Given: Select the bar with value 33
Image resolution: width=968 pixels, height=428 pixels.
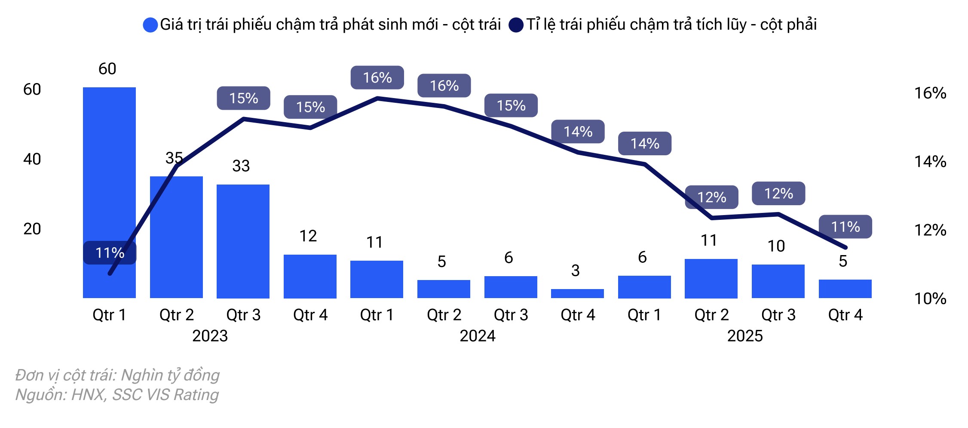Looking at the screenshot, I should click(x=243, y=241).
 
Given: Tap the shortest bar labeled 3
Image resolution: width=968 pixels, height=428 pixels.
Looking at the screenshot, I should click(x=577, y=293).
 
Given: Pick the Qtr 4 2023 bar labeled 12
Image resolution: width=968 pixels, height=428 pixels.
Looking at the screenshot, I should click(x=310, y=276).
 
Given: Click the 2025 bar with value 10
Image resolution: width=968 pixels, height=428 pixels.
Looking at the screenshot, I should click(x=778, y=281).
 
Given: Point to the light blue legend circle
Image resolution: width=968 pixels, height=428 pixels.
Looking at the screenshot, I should click(x=150, y=25).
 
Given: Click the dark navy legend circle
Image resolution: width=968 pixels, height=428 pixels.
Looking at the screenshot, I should click(x=516, y=25).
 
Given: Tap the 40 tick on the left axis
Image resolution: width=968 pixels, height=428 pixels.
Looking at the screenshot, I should click(x=32, y=159).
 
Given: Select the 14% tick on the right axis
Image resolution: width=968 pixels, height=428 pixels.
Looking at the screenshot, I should click(x=930, y=162).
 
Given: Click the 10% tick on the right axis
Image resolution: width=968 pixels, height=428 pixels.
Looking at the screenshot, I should click(x=930, y=299).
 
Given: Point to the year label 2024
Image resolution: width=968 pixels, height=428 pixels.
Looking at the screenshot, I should click(x=477, y=336).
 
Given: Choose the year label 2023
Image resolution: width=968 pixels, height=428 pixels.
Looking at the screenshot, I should click(x=210, y=336).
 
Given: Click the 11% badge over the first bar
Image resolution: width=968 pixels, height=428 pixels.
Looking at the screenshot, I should click(x=110, y=253).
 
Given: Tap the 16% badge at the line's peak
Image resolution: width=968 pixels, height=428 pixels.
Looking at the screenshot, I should click(x=377, y=77).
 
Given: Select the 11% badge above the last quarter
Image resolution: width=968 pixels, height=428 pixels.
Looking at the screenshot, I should click(x=845, y=227).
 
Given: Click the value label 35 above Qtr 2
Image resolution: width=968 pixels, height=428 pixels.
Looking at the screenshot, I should click(x=174, y=158).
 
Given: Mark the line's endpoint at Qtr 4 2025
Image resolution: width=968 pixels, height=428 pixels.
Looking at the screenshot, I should click(x=845, y=247).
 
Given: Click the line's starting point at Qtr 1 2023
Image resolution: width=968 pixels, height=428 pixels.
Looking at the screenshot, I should click(x=110, y=273).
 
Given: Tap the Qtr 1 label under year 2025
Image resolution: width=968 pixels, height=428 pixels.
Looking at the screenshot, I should click(x=644, y=315).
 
